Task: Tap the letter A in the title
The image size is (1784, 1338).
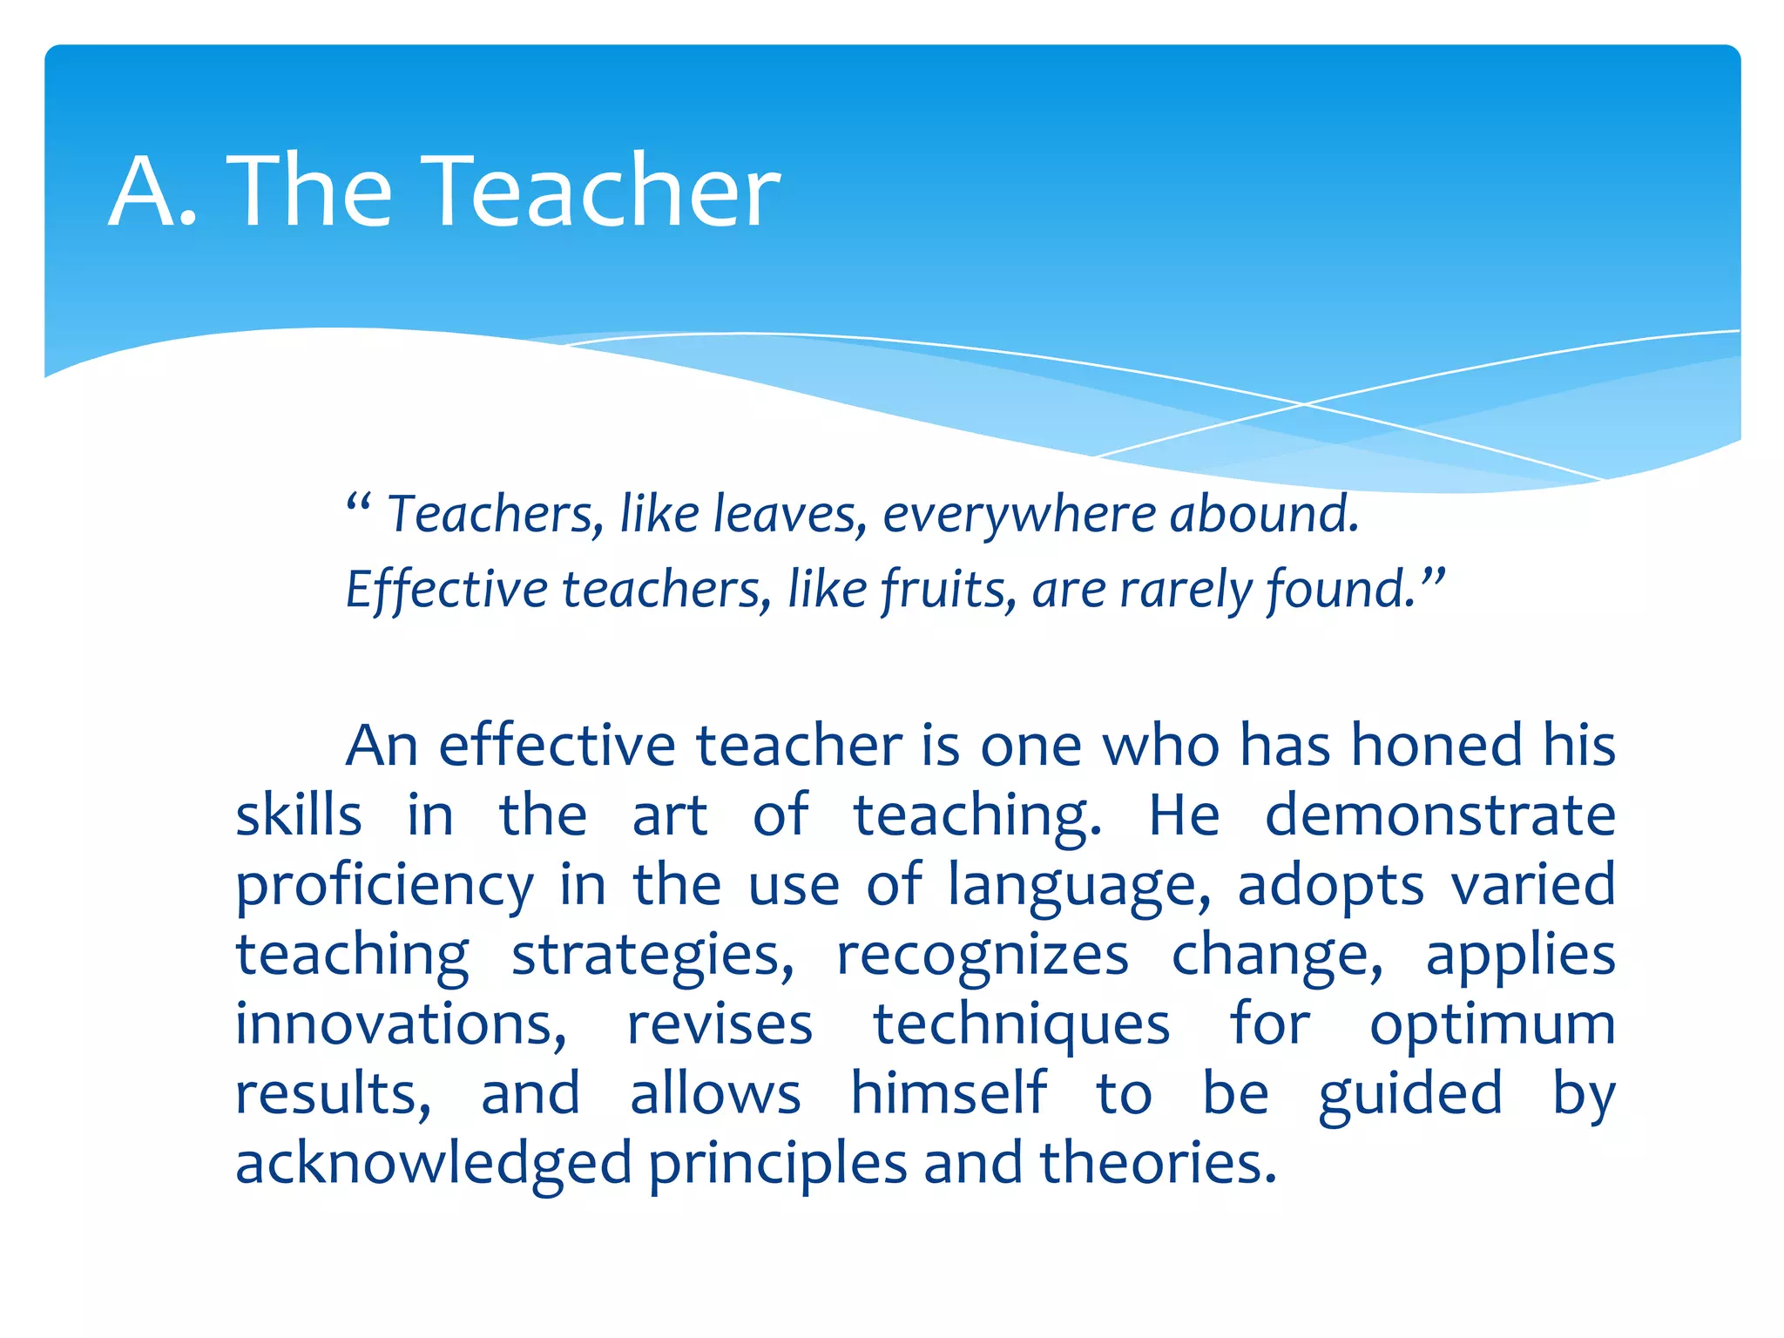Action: (142, 192)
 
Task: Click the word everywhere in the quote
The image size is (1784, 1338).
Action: (1017, 516)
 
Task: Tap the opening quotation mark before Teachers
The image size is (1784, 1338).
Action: (358, 503)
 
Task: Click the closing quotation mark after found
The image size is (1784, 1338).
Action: (1433, 578)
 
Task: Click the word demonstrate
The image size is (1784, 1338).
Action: (1440, 815)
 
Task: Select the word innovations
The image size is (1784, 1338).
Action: (401, 1024)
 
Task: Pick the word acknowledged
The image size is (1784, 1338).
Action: (433, 1165)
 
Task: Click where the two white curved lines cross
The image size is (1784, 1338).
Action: (1304, 404)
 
